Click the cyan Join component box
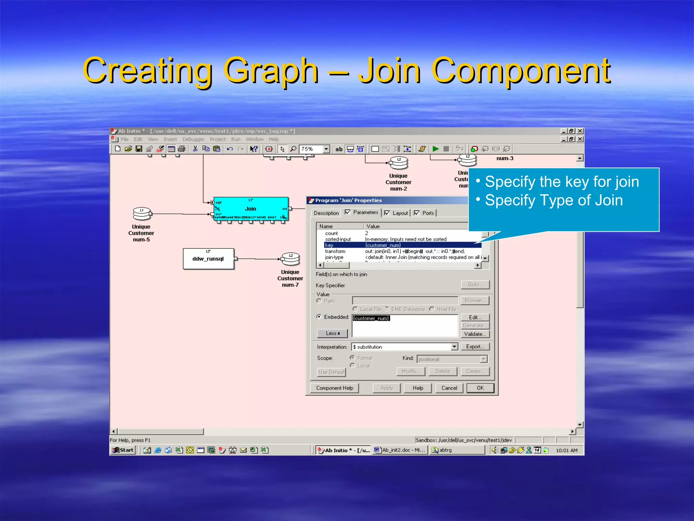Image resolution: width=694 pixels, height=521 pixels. coord(251,209)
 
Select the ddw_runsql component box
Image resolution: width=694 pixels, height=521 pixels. coord(208,259)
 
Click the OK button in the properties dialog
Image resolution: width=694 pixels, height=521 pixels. coord(480,388)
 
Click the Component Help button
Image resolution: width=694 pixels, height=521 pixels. coord(334,388)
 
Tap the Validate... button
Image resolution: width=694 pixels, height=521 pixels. coord(475,334)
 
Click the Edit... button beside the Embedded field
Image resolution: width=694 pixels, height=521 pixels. coord(475,317)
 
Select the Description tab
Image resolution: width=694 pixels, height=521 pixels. coord(326,213)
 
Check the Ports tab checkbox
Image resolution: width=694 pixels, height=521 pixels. coord(417,213)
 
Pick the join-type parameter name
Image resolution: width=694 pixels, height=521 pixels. coord(334,257)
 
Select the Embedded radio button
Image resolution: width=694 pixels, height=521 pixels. coord(319,317)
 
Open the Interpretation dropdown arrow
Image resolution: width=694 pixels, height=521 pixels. coord(454,347)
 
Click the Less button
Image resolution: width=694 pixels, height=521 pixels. coord(332,333)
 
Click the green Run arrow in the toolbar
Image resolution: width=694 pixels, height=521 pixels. coord(436,149)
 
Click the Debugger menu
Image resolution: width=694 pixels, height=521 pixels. coord(193,139)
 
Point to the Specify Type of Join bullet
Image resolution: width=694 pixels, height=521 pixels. coord(554,200)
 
